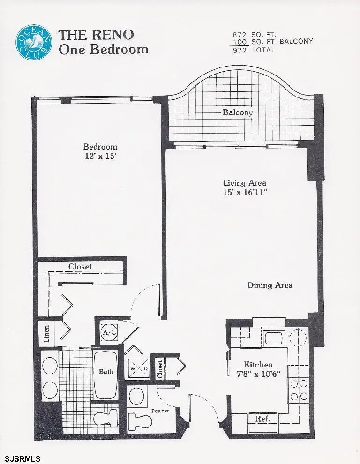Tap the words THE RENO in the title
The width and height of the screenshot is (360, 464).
(x=96, y=35)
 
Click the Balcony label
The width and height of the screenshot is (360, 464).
(x=238, y=112)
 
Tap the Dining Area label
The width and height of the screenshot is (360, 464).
(x=270, y=285)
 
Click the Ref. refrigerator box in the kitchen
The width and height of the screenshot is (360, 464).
(x=262, y=419)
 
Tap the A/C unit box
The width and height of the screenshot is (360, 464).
(x=109, y=333)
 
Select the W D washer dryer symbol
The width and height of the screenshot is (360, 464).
(x=138, y=368)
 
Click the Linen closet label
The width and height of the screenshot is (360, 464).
(x=47, y=333)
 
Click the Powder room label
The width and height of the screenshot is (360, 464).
(x=160, y=411)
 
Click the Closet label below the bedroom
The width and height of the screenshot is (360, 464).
(x=80, y=267)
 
